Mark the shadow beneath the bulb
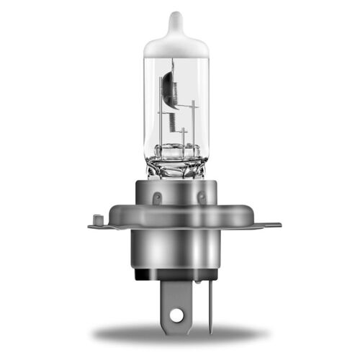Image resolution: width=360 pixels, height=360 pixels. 180,334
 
